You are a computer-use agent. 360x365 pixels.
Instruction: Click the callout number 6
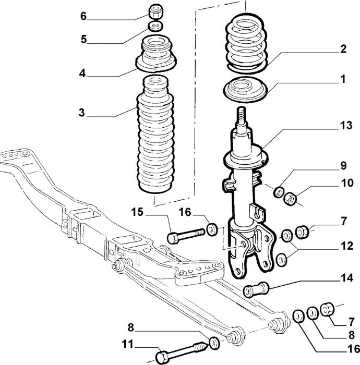(x=83, y=16)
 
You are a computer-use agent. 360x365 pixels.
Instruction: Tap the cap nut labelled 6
(x=155, y=11)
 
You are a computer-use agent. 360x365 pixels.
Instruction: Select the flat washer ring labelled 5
(x=155, y=26)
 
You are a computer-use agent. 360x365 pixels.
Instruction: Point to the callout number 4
(x=82, y=74)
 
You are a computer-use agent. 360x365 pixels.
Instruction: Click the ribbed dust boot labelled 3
(x=155, y=135)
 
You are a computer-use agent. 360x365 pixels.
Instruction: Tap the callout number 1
(x=343, y=80)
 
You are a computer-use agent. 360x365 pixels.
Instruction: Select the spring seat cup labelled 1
(x=245, y=90)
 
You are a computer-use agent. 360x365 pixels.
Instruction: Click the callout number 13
(x=346, y=126)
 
